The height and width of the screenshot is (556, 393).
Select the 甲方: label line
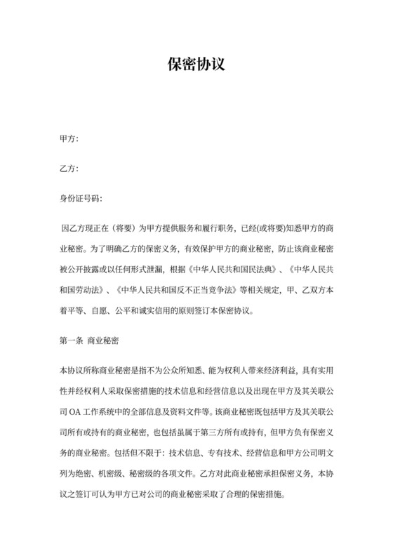pyautogui.click(x=69, y=140)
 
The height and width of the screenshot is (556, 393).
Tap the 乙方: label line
pyautogui.click(x=69, y=169)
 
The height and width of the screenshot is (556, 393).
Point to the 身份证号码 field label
pyautogui.click(x=81, y=199)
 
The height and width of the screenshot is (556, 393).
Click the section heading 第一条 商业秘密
pyautogui.click(x=89, y=342)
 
